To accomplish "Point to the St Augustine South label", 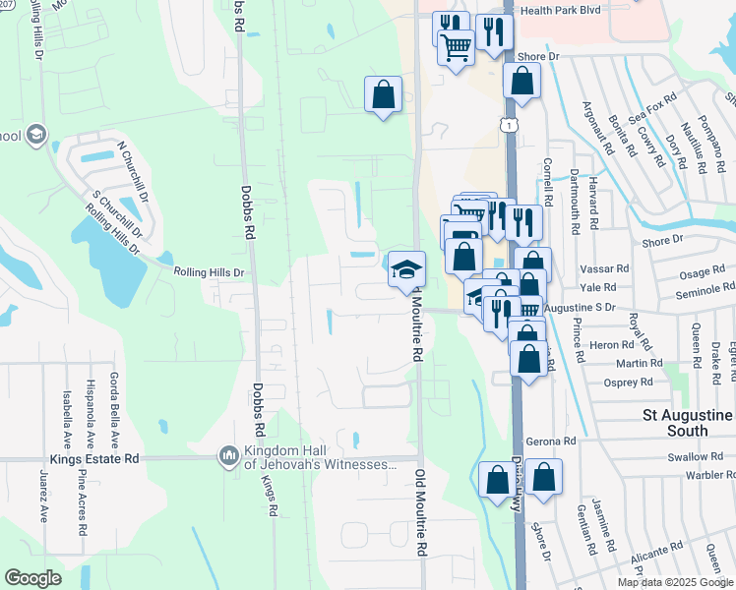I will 688,423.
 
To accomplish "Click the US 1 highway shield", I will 508,124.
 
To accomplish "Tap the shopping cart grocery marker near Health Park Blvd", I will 456,45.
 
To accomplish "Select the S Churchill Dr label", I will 115,214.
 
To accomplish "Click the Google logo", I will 32,578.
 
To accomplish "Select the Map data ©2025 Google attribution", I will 675,582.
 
